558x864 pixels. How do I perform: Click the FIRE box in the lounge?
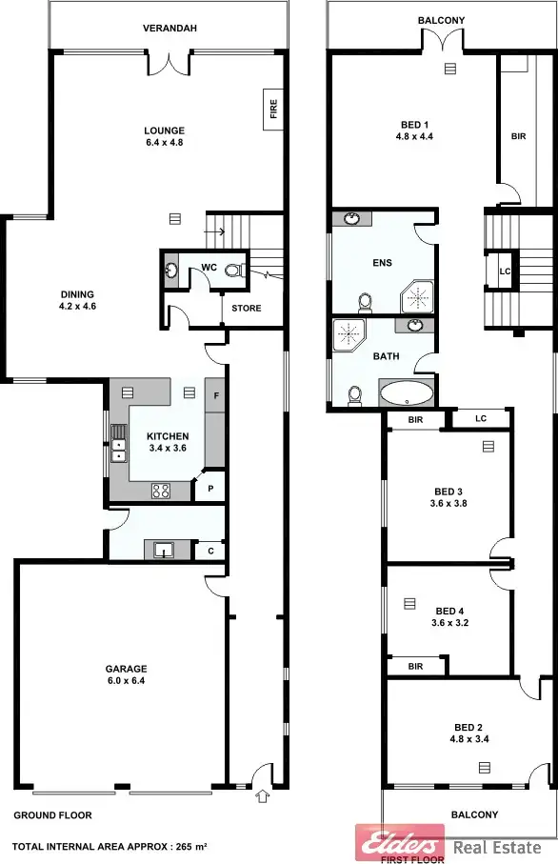point(272,110)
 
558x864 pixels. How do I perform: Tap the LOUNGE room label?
point(164,131)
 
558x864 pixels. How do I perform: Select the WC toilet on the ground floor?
point(233,271)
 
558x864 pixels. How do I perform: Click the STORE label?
point(246,309)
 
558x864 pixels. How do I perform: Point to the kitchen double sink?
point(118,449)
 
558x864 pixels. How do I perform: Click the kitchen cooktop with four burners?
point(161,492)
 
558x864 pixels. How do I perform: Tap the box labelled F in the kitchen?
point(216,395)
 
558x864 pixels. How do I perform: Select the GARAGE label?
point(126,669)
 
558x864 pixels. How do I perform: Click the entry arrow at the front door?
point(264,772)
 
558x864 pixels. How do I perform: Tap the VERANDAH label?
point(169,29)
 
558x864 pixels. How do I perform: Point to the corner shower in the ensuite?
point(416,297)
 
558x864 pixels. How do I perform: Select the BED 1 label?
point(414,125)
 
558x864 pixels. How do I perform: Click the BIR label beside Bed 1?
point(518,137)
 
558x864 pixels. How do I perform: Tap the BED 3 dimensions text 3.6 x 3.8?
point(449,503)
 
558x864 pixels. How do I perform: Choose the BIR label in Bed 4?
point(415,667)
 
